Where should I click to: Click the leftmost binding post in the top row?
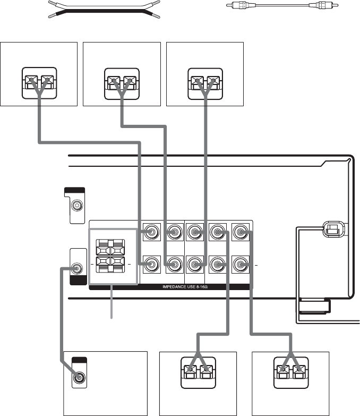(152, 232)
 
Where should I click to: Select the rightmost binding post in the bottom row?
(241, 264)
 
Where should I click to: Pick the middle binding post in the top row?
(196, 232)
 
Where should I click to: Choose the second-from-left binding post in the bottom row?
(174, 264)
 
